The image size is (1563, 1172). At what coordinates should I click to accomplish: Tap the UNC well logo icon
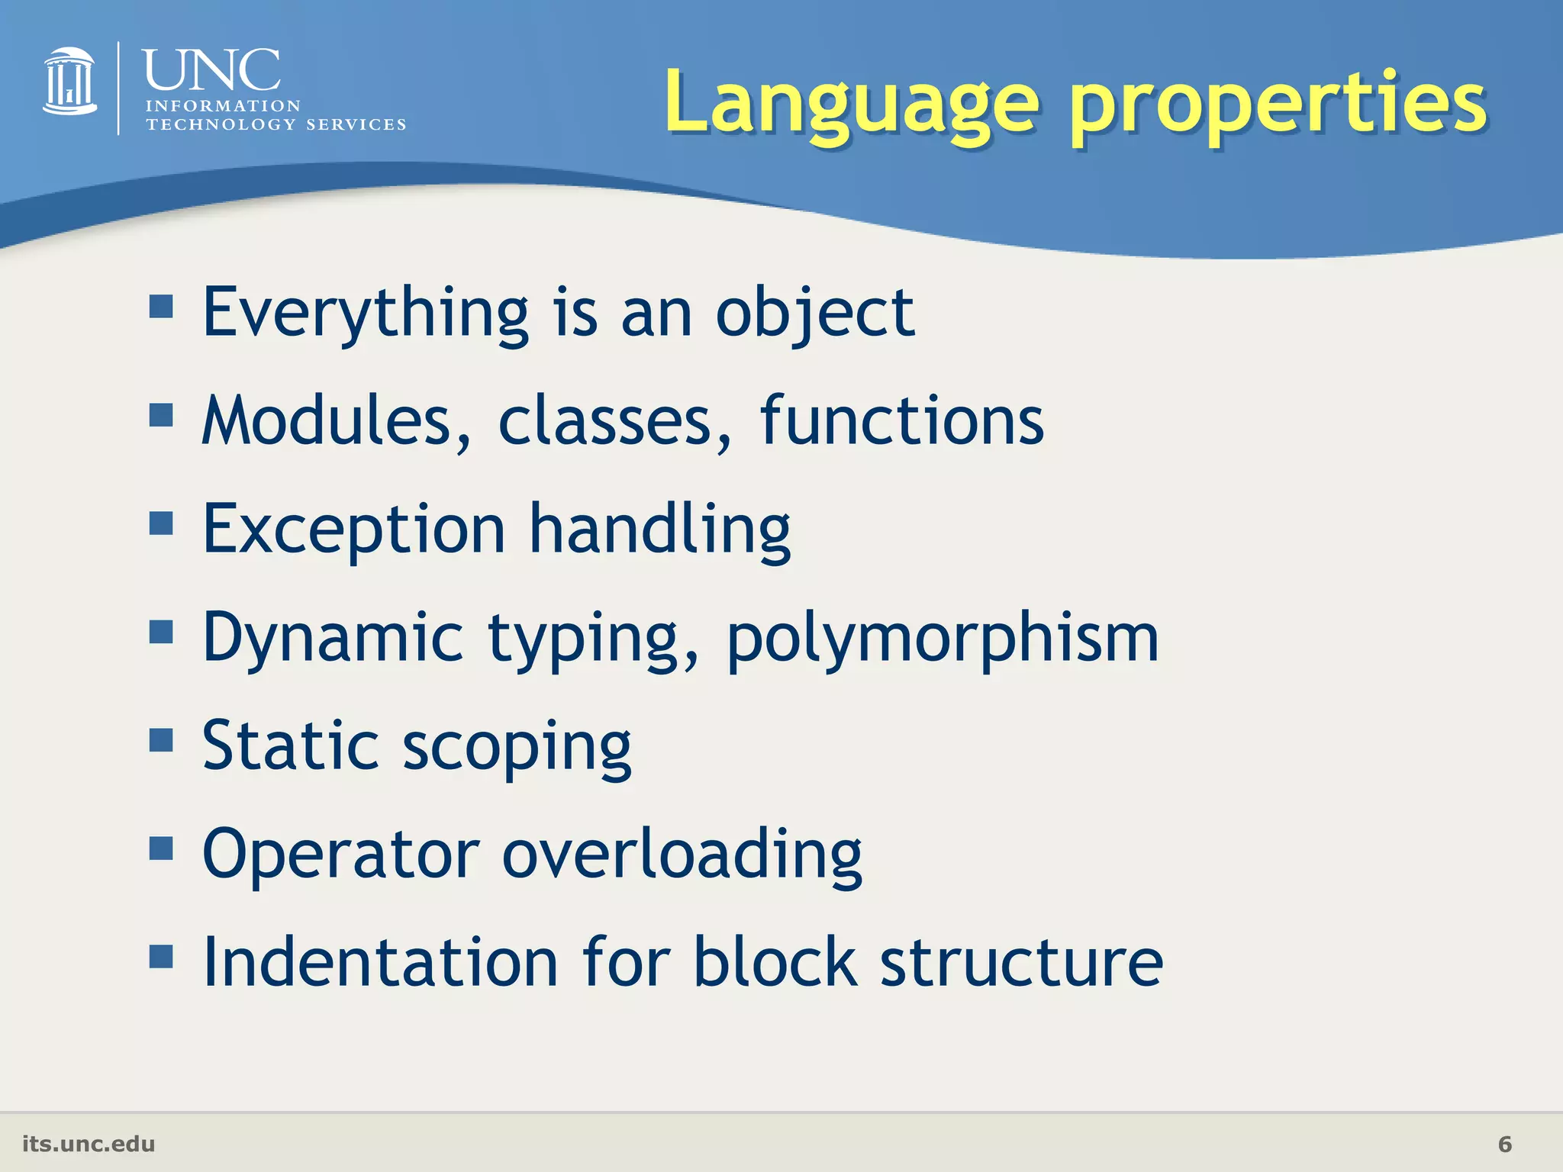click(x=69, y=82)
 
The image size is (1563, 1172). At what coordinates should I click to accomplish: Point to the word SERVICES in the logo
click(x=356, y=124)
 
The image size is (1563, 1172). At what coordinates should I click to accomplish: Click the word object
click(x=814, y=313)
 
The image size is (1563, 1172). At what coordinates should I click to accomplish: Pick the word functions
click(x=901, y=421)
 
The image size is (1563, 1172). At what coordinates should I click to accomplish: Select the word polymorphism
click(x=943, y=638)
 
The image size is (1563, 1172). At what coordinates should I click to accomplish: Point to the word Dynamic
click(x=334, y=638)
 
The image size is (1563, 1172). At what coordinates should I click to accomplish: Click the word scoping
click(x=517, y=746)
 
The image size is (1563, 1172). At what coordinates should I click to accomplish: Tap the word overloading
click(x=682, y=855)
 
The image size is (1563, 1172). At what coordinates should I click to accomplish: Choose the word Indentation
click(x=380, y=963)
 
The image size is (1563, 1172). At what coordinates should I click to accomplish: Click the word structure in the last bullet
click(x=1021, y=963)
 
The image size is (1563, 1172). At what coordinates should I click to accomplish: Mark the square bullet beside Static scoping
click(x=161, y=739)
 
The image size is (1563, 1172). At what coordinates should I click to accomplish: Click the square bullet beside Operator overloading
click(x=161, y=848)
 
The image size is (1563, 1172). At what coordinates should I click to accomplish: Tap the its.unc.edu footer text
click(x=89, y=1144)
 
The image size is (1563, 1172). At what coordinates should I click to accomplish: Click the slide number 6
click(x=1504, y=1144)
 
